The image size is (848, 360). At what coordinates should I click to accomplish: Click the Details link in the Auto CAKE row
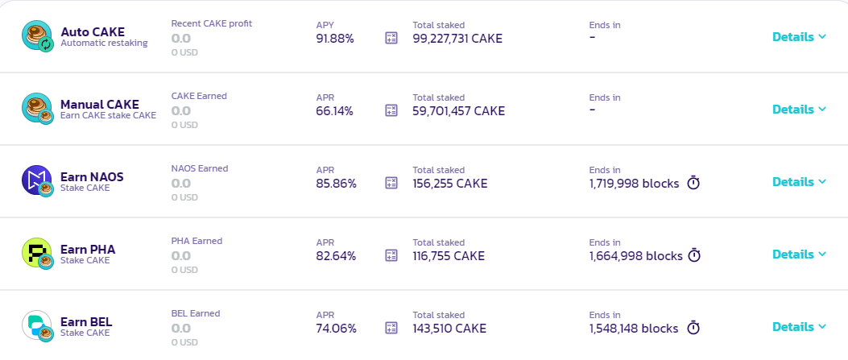[798, 36]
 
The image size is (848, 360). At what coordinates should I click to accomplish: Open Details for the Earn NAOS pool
[798, 182]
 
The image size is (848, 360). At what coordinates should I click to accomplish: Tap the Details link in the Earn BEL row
[798, 327]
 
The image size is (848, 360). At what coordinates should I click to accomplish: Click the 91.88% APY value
[335, 38]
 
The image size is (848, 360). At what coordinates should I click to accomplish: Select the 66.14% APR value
[334, 111]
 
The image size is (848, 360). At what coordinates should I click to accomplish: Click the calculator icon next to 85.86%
[392, 183]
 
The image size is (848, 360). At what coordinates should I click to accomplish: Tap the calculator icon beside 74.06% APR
[392, 328]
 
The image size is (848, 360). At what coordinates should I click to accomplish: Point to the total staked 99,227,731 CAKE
[457, 38]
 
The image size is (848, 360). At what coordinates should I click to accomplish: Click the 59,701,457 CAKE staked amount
[458, 111]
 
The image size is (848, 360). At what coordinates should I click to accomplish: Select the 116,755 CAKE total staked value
[449, 256]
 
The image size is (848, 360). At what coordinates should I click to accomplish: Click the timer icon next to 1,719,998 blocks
[693, 183]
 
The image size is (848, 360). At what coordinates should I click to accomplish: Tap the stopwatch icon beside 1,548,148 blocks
[693, 328]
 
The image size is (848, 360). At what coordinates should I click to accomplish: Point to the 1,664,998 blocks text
[635, 256]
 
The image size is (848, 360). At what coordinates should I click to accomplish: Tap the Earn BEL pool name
[86, 322]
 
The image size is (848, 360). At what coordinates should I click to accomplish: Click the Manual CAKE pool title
[99, 105]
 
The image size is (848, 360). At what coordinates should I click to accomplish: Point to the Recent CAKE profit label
[211, 23]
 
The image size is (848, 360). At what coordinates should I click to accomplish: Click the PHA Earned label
[196, 241]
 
